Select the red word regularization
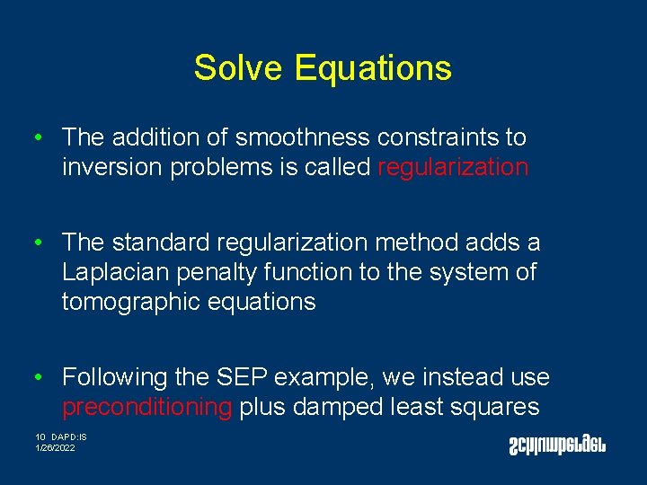click(453, 167)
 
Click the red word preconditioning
click(146, 407)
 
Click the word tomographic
click(131, 302)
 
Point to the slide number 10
click(40, 437)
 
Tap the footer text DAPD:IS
click(69, 437)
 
